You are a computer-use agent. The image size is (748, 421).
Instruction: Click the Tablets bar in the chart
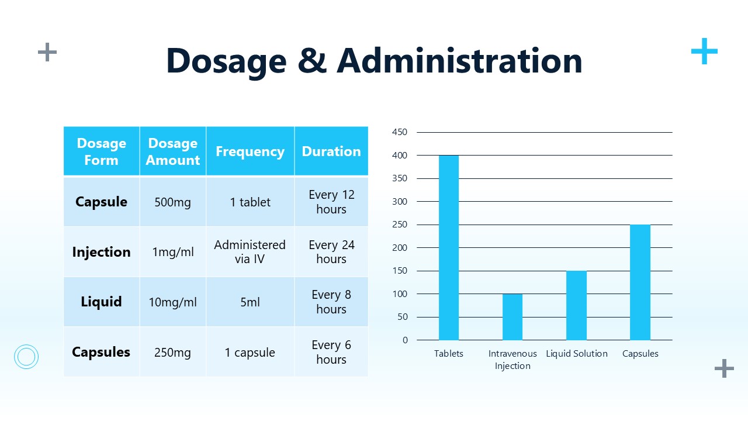449,247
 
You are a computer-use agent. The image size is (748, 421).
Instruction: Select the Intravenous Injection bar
512,317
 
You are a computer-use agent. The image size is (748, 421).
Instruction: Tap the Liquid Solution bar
576,305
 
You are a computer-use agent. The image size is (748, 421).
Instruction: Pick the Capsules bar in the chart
640,282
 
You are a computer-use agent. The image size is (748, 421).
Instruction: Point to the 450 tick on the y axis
400,132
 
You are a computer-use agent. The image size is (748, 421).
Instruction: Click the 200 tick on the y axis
400,247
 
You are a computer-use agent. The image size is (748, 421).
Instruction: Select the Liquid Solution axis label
577,354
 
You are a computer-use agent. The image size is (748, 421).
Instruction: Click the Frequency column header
250,151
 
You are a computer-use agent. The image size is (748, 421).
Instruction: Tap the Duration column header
331,151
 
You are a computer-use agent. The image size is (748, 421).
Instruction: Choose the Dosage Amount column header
173,151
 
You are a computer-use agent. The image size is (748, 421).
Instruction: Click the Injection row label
101,252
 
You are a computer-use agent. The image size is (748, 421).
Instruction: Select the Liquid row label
101,302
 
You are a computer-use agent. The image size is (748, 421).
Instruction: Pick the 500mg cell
173,202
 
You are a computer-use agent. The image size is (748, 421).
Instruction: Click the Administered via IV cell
250,252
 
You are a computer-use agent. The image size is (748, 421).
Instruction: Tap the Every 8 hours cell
331,302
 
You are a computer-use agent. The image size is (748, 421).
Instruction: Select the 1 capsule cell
250,353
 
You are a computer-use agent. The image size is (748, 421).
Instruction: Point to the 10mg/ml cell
173,302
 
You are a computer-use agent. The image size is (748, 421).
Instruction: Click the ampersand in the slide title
311,61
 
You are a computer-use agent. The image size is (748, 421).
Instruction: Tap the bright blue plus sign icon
704,51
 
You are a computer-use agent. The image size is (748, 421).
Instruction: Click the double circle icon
26,356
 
